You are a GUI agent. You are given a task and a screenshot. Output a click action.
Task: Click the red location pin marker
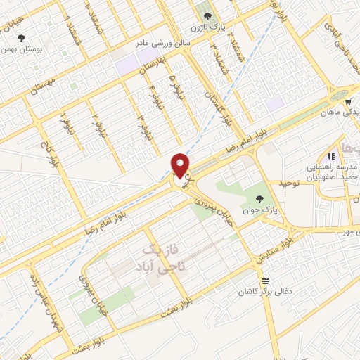181,165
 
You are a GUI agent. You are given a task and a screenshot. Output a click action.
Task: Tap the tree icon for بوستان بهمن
21,38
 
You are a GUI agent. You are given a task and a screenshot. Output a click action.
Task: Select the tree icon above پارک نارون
206,15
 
